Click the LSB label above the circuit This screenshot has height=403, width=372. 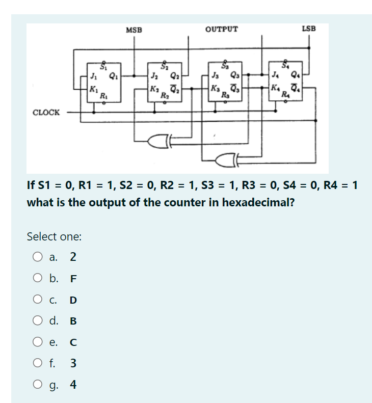coord(309,29)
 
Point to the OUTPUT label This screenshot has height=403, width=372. coord(221,29)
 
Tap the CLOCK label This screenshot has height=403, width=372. coord(46,112)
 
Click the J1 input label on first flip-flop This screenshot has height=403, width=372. coord(93,77)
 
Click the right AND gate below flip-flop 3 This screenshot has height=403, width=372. coord(225,159)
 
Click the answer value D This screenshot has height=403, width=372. coord(73,300)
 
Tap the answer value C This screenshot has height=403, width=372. coord(73,342)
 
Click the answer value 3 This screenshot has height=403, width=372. coord(73,363)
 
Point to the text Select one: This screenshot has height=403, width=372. coord(54,236)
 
